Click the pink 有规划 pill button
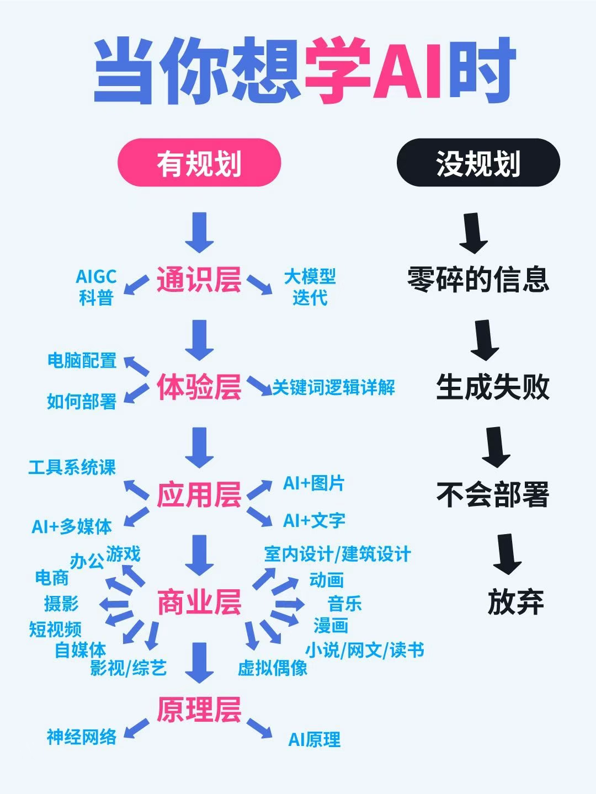point(199,163)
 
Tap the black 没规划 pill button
point(478,163)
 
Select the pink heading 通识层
point(199,279)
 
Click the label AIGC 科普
point(96,287)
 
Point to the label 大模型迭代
point(310,287)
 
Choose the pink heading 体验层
point(199,386)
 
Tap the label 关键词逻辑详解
point(334,387)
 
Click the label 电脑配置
point(82,361)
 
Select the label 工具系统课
point(72,467)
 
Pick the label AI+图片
point(314,483)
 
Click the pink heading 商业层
point(199,602)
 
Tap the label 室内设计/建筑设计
point(337,554)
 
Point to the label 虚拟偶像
point(273,668)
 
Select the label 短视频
point(55,628)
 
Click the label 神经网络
point(82,737)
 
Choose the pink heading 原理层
point(199,710)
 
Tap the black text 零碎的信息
point(478,279)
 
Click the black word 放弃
point(515,602)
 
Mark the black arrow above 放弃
point(507,553)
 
